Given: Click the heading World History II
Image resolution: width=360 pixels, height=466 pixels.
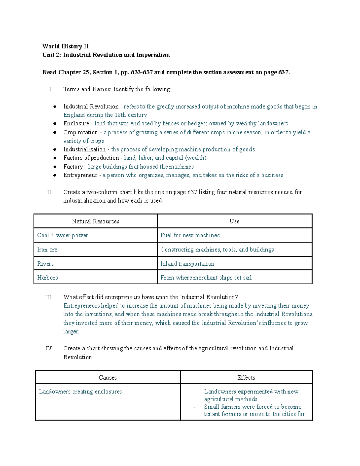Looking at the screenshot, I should (x=65, y=46).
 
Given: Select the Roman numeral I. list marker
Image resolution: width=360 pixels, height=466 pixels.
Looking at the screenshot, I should (x=51, y=89).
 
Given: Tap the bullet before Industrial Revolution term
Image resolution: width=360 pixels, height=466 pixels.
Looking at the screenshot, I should (x=55, y=107).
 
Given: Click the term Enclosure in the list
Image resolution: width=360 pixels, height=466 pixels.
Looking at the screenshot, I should (x=76, y=124).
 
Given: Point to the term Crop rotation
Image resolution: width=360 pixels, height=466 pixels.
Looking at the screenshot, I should (x=81, y=132).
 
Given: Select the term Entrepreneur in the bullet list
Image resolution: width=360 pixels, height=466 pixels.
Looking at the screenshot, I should (x=80, y=175).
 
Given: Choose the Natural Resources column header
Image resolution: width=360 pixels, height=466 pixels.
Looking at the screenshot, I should (x=95, y=221).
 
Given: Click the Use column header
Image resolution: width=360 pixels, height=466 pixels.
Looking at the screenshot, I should (x=234, y=221).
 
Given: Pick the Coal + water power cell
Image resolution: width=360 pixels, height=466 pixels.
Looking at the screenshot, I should (x=63, y=236).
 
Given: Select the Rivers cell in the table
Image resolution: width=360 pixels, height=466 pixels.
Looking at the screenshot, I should (x=46, y=264).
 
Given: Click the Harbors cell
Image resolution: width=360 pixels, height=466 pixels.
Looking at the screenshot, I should (x=48, y=278).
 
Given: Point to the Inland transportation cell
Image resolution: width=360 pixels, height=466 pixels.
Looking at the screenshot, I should (x=187, y=264).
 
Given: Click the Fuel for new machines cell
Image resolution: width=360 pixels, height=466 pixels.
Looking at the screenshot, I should (x=190, y=236).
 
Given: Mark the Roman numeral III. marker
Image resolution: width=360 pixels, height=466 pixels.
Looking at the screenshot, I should (x=49, y=297).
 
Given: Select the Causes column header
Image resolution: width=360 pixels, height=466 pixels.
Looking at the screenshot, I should (x=107, y=378).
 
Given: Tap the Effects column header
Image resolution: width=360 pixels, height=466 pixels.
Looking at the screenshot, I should (x=246, y=378).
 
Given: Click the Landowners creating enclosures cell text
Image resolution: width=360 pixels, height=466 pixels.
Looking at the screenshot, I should (x=80, y=392).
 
